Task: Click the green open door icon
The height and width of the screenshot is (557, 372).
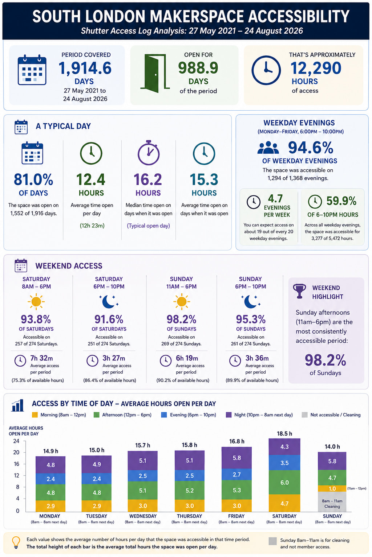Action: [x=155, y=73]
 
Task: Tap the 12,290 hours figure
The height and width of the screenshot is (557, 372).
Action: [x=316, y=68]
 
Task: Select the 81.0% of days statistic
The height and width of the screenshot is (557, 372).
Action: [x=33, y=180]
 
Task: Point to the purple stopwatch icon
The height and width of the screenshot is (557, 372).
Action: [x=149, y=153]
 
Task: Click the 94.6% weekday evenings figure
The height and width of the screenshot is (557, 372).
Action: [x=311, y=148]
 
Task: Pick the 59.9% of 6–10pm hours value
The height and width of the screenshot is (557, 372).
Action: [x=341, y=201]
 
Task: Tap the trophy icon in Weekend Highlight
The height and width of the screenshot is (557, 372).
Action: [x=299, y=291]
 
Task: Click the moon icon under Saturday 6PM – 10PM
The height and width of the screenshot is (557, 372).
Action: [x=109, y=302]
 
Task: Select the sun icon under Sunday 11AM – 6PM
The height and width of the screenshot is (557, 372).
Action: [x=181, y=302]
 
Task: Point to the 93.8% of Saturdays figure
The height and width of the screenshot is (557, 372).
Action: [x=36, y=319]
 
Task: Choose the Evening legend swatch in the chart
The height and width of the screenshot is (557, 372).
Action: [x=164, y=415]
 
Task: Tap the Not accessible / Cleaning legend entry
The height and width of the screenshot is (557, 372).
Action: [x=331, y=415]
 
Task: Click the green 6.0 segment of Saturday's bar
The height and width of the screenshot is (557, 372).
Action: [x=284, y=482]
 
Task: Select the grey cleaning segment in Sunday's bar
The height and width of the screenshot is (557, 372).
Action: [x=332, y=502]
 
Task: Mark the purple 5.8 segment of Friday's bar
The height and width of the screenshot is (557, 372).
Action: [x=236, y=458]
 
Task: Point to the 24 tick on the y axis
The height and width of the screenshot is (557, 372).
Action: [x=16, y=441]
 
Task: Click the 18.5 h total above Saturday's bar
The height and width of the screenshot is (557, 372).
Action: [x=284, y=433]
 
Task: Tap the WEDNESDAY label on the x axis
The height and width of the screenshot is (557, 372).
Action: [x=143, y=516]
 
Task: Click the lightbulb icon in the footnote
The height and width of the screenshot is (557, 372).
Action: [x=16, y=542]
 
